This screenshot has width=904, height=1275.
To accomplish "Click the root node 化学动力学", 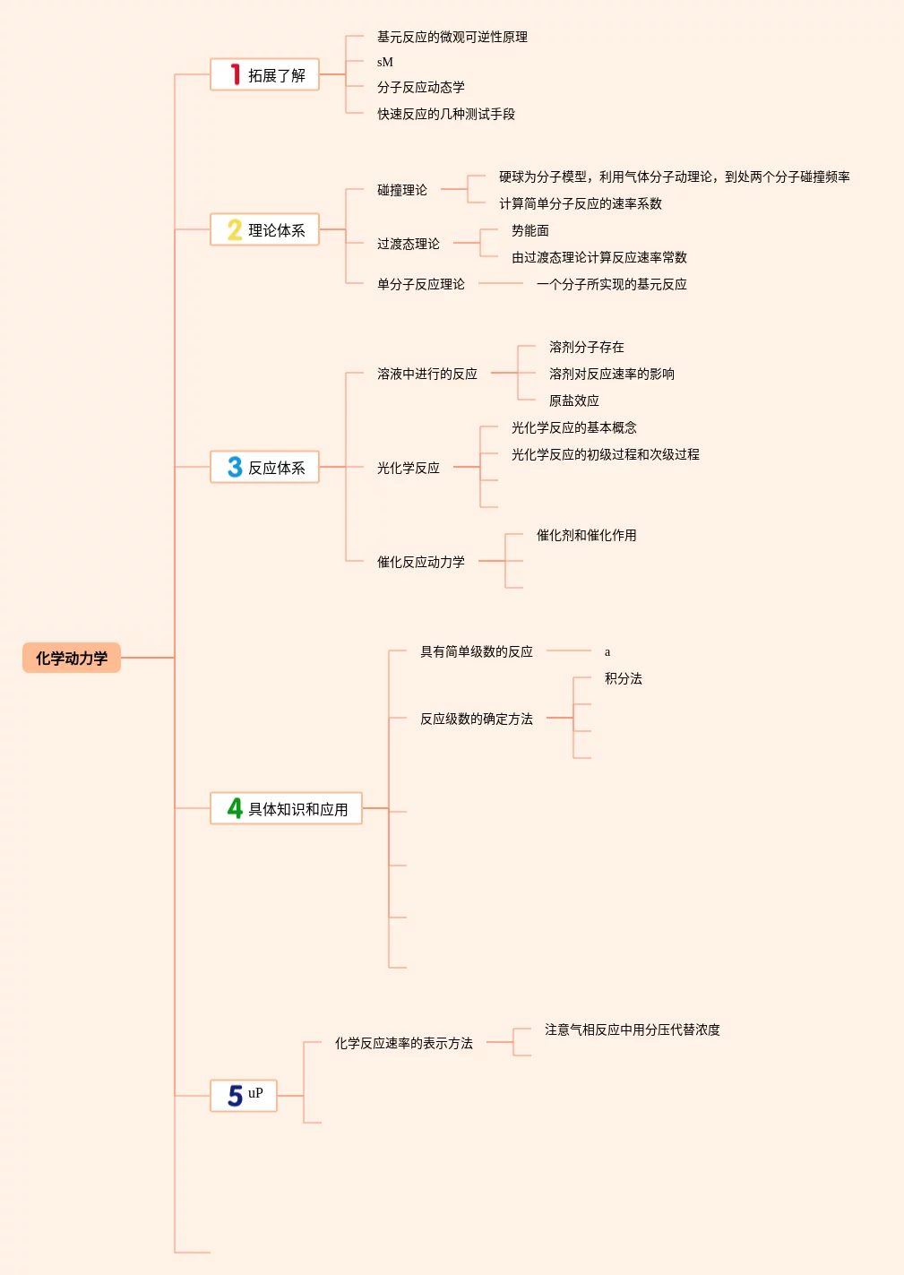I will (x=72, y=658).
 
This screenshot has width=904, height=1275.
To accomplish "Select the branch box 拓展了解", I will (x=265, y=75).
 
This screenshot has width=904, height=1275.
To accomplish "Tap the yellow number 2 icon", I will (x=235, y=230).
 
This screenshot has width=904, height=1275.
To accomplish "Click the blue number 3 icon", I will (x=235, y=467).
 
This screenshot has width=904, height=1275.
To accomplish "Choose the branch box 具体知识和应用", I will (x=287, y=808).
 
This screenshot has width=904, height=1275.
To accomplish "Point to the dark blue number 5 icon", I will (x=235, y=1096).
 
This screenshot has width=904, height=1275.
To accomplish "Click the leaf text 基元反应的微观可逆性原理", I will (x=452, y=37).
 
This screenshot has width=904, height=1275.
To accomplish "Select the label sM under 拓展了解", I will (x=385, y=62).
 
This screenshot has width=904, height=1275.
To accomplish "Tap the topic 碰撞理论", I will (x=401, y=190).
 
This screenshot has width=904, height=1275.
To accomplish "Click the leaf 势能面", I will (x=529, y=230).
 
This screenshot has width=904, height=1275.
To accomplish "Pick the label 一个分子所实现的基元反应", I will (x=611, y=284).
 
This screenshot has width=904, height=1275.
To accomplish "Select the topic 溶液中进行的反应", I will (x=426, y=374).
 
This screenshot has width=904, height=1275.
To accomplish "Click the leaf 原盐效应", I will (x=573, y=401).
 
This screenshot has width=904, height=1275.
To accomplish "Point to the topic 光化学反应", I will (x=408, y=468).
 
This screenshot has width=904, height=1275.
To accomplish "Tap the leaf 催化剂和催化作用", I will (x=586, y=535).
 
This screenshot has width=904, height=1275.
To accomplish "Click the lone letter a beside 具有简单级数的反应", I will (x=607, y=651).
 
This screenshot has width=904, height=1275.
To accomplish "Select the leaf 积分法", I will (x=623, y=678).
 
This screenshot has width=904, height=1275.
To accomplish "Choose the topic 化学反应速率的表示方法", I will (x=403, y=1043).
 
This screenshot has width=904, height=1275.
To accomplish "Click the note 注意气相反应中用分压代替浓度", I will (x=632, y=1029).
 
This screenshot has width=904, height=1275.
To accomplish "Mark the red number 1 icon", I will (x=235, y=74).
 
